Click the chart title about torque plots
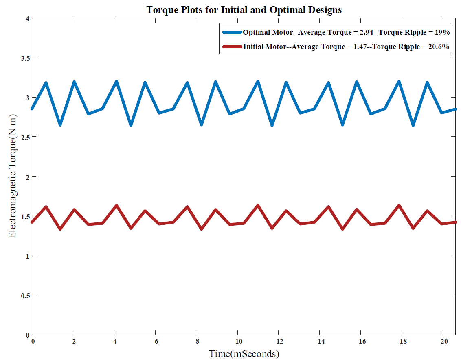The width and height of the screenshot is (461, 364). tap(244, 10)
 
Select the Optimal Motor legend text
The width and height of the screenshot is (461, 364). tap(346, 32)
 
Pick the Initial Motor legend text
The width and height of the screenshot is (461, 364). tap(346, 47)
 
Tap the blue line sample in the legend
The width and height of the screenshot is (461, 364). tap(232, 32)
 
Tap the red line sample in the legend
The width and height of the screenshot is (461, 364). tap(232, 47)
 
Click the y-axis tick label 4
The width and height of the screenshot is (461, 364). tap(27, 19)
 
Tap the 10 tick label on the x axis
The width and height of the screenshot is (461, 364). tap(239, 341)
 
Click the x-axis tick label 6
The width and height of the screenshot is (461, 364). tap(156, 341)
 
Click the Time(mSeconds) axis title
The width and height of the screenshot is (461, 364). tap(244, 354)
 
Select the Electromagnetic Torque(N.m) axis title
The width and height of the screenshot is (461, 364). tap(12, 177)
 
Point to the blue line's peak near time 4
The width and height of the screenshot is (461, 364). tap(116, 82)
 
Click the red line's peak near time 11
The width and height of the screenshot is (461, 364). tap(258, 206)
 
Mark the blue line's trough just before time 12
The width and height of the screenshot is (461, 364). tap(272, 125)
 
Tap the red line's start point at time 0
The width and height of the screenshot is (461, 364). tap(32, 222)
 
